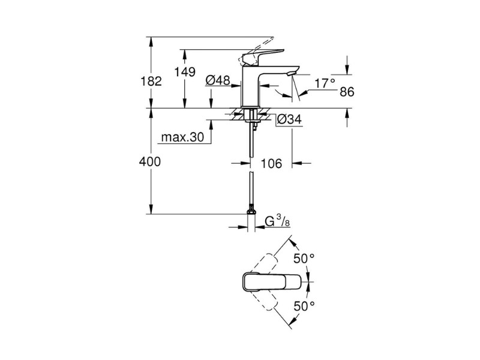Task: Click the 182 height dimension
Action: click(151, 82)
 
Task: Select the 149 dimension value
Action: click(185, 72)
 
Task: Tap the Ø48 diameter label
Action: click(218, 80)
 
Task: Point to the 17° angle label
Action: click(325, 83)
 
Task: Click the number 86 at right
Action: click(347, 92)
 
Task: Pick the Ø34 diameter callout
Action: click(289, 119)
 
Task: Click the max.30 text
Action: click(182, 137)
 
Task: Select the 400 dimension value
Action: click(149, 161)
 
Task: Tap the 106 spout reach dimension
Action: click(271, 164)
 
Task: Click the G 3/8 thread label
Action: click(277, 221)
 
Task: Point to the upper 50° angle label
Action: click(304, 259)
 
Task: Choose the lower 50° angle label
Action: click(304, 305)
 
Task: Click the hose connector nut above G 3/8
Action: click(251, 212)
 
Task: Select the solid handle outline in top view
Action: click(272, 281)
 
